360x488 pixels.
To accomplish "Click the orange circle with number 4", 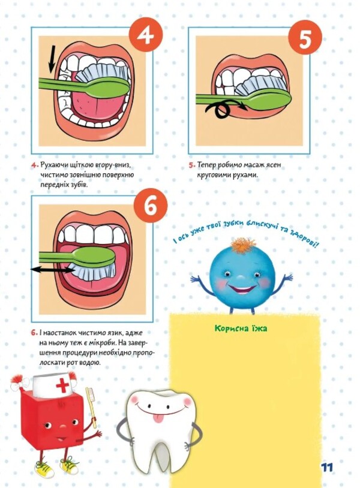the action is click(145, 36).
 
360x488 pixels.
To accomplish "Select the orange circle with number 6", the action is click(151, 206).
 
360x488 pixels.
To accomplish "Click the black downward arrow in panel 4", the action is click(52, 59).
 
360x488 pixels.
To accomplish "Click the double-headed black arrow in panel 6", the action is click(52, 270).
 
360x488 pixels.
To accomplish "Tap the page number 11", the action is click(326, 467).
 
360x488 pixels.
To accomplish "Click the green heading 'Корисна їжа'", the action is click(241, 329).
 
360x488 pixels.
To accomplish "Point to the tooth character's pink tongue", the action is click(158, 418).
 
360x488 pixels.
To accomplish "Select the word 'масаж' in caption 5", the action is click(253, 165).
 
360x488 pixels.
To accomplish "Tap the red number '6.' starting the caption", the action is click(34, 333).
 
